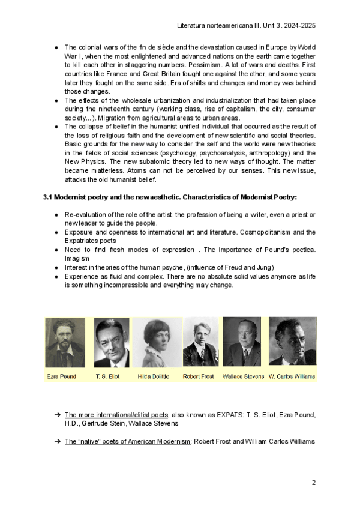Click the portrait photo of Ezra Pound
65,342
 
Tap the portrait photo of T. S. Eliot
112,342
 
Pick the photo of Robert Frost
200,342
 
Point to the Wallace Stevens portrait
242,342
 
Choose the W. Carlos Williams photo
292,342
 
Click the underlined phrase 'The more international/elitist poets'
116,415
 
